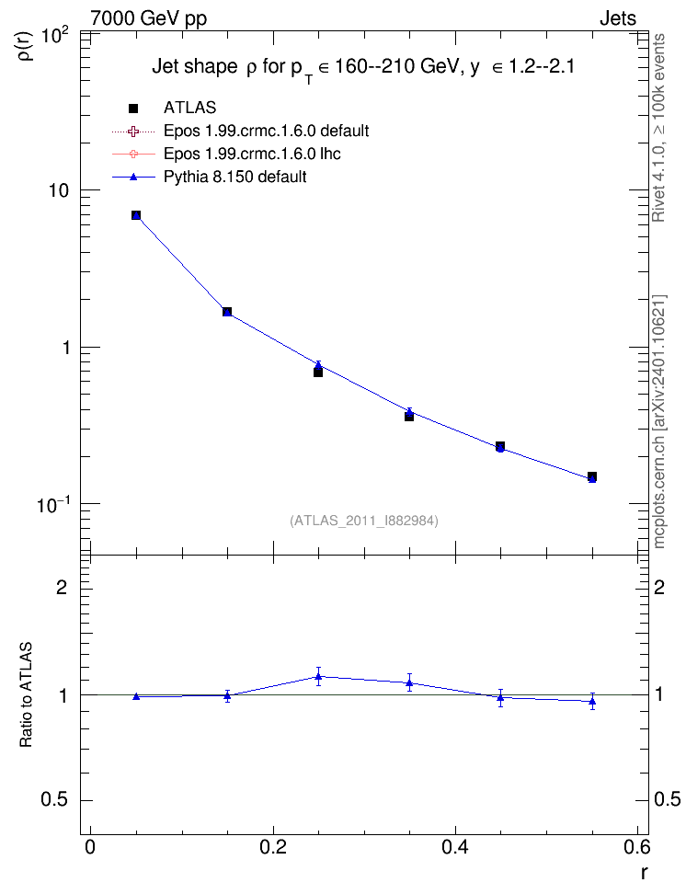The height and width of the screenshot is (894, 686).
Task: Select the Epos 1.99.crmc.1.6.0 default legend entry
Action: click(x=240, y=132)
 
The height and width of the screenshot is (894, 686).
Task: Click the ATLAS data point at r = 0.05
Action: click(x=136, y=215)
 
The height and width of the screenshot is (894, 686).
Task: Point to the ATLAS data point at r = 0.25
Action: click(x=317, y=372)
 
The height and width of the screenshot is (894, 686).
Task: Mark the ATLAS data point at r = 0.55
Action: click(x=592, y=476)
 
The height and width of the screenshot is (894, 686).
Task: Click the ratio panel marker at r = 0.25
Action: click(x=318, y=677)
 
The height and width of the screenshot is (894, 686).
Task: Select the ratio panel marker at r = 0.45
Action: click(x=500, y=697)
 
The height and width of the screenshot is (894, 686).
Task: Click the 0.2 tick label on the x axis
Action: click(x=272, y=847)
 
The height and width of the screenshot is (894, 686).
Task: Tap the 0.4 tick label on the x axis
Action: click(x=455, y=847)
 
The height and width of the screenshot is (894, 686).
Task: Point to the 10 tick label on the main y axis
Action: click(x=58, y=190)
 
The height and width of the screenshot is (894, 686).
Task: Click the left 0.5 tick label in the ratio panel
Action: click(x=54, y=800)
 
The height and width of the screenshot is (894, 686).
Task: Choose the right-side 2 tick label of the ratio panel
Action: click(x=659, y=587)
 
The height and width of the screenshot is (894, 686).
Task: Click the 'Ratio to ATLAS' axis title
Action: click(x=26, y=695)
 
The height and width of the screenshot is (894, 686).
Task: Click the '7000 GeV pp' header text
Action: click(x=148, y=18)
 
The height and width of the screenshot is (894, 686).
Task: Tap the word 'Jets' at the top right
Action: click(x=618, y=18)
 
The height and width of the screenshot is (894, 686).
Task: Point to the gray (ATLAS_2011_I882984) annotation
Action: click(x=364, y=521)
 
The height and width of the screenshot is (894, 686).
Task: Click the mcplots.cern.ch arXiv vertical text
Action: click(x=658, y=421)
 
